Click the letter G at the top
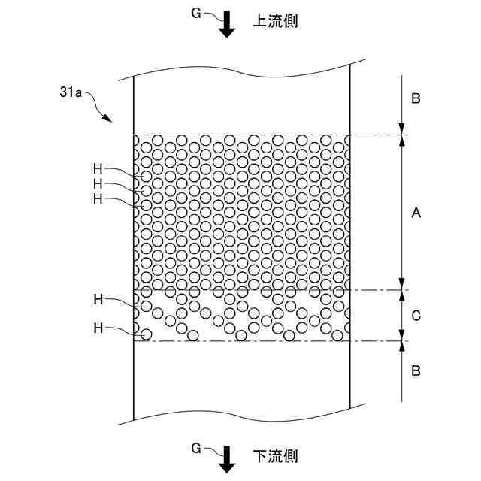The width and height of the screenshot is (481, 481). pyautogui.click(x=195, y=13)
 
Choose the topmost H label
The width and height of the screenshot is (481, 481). pyautogui.click(x=98, y=170)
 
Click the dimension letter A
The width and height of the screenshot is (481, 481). pyautogui.click(x=416, y=213)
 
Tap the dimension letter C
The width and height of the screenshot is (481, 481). pyautogui.click(x=416, y=316)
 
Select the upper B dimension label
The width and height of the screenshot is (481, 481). pyautogui.click(x=416, y=98)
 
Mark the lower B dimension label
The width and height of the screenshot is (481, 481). pyautogui.click(x=416, y=371)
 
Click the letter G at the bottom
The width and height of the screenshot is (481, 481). pyautogui.click(x=195, y=449)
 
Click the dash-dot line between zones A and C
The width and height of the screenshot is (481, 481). pyautogui.click(x=376, y=290)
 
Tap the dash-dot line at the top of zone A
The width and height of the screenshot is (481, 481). pyautogui.click(x=376, y=135)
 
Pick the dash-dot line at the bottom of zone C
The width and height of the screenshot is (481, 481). pyautogui.click(x=376, y=341)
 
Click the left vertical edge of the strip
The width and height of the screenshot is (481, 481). pyautogui.click(x=134, y=376)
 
